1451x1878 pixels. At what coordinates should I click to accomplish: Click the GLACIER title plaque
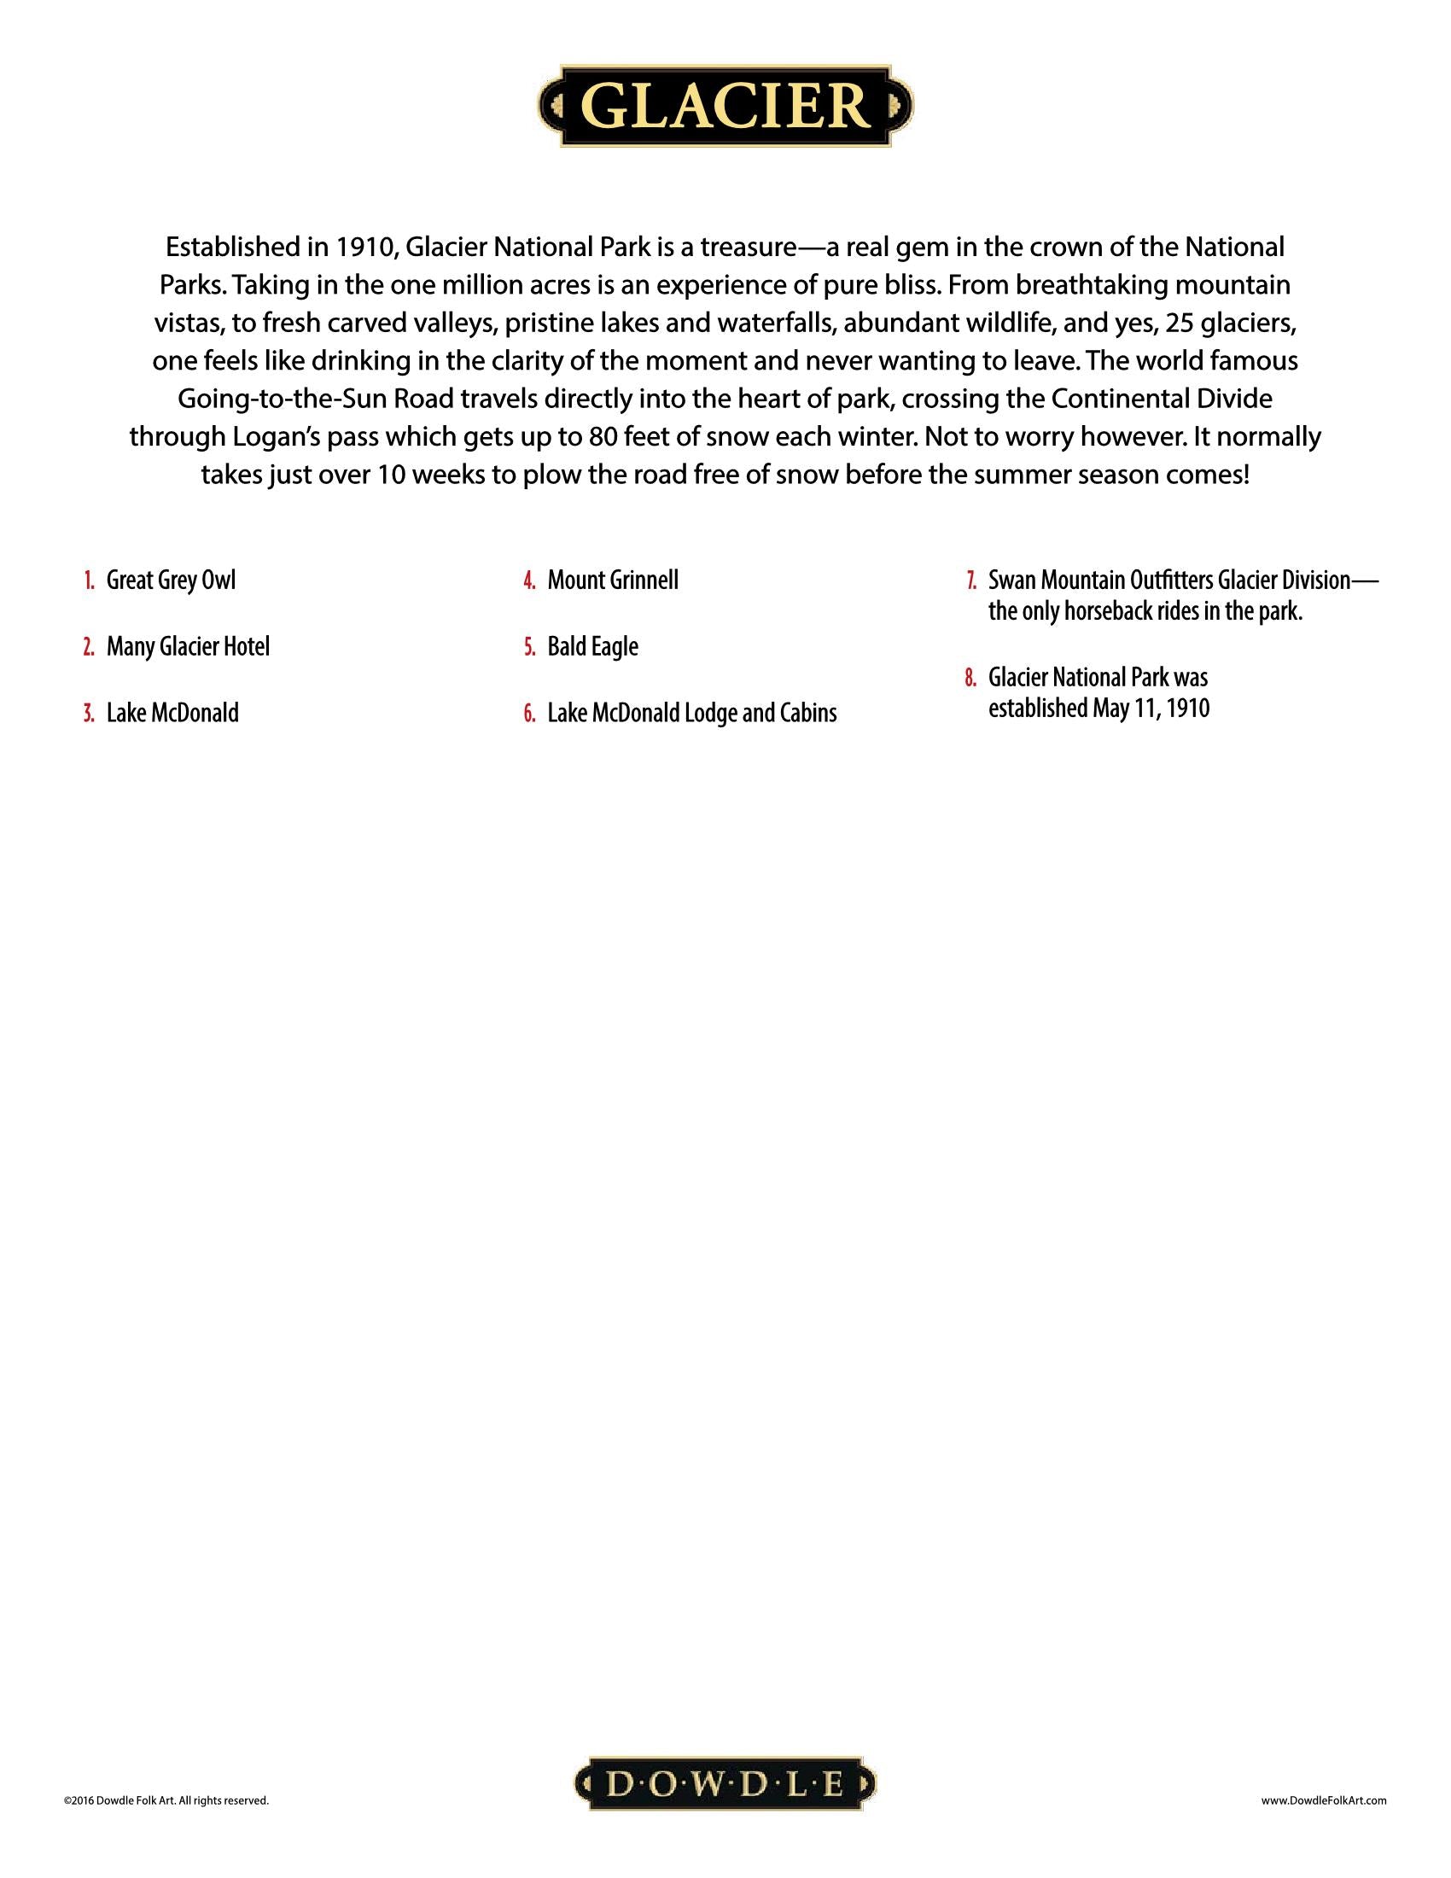pos(725,105)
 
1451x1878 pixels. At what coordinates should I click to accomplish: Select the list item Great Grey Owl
pos(170,580)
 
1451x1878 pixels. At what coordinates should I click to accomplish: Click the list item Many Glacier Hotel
pos(188,647)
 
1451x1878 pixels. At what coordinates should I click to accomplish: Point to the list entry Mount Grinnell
pos(612,580)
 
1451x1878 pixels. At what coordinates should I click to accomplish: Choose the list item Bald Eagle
pos(592,647)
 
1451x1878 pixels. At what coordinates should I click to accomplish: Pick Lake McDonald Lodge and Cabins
pos(691,713)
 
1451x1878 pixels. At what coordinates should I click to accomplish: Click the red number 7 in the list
pos(970,580)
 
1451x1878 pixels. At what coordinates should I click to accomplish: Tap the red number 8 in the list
pos(970,678)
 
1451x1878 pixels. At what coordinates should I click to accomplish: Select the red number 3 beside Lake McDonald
pos(89,713)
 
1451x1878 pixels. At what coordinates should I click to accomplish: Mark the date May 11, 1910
pos(1151,709)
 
